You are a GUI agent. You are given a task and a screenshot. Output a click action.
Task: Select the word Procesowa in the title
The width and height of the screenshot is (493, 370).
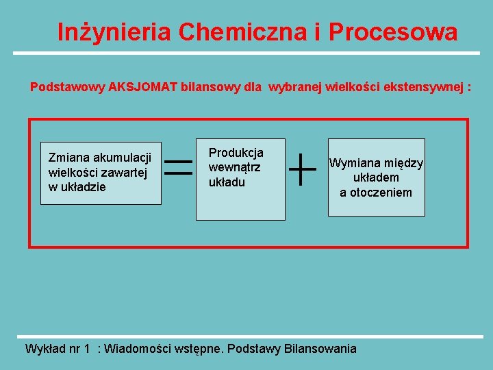coord(393,32)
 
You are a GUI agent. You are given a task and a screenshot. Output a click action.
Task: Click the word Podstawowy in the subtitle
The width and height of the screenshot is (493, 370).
coord(68,88)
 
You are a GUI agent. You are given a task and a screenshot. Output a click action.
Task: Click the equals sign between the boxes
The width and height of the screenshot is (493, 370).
coord(179,168)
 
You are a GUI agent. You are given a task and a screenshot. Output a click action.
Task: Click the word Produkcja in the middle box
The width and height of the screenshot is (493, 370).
coord(236,153)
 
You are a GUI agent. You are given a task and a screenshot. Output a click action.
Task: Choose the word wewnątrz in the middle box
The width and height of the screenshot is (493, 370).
coord(235,167)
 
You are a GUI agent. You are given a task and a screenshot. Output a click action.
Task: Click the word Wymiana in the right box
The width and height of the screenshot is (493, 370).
coord(355,164)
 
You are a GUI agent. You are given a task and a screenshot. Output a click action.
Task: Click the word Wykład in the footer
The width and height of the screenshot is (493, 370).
coord(44,349)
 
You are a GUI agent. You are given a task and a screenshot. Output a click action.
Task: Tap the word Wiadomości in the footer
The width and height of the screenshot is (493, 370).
coord(138,349)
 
